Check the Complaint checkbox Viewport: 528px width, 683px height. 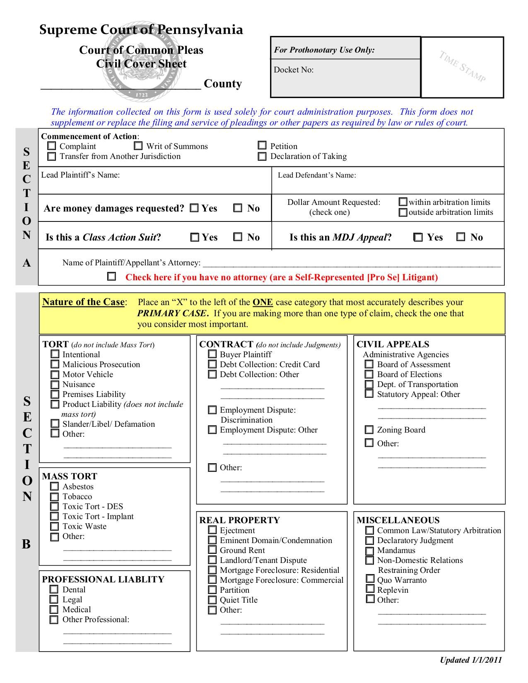52,146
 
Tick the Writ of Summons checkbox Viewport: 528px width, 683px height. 138,146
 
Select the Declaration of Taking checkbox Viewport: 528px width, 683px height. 262,156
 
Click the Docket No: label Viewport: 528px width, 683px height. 294,70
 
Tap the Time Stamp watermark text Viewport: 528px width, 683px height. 462,67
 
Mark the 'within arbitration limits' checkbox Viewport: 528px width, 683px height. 403,202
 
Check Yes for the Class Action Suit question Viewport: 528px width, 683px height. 195,238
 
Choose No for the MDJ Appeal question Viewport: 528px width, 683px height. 460,237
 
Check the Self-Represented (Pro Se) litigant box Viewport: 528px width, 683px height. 111,277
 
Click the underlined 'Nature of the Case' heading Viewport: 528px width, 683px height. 83,302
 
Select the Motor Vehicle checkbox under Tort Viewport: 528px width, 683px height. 55,375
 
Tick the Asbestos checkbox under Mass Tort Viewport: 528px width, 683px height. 54,487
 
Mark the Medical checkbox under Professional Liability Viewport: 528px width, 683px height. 54,610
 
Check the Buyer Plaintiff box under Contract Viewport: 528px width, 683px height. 212,354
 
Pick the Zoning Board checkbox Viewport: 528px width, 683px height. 369,430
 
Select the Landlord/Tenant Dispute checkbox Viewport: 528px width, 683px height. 212,560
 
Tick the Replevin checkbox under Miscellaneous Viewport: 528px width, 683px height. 370,590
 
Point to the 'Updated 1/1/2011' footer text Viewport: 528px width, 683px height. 470,660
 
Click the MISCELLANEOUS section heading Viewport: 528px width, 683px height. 398,520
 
